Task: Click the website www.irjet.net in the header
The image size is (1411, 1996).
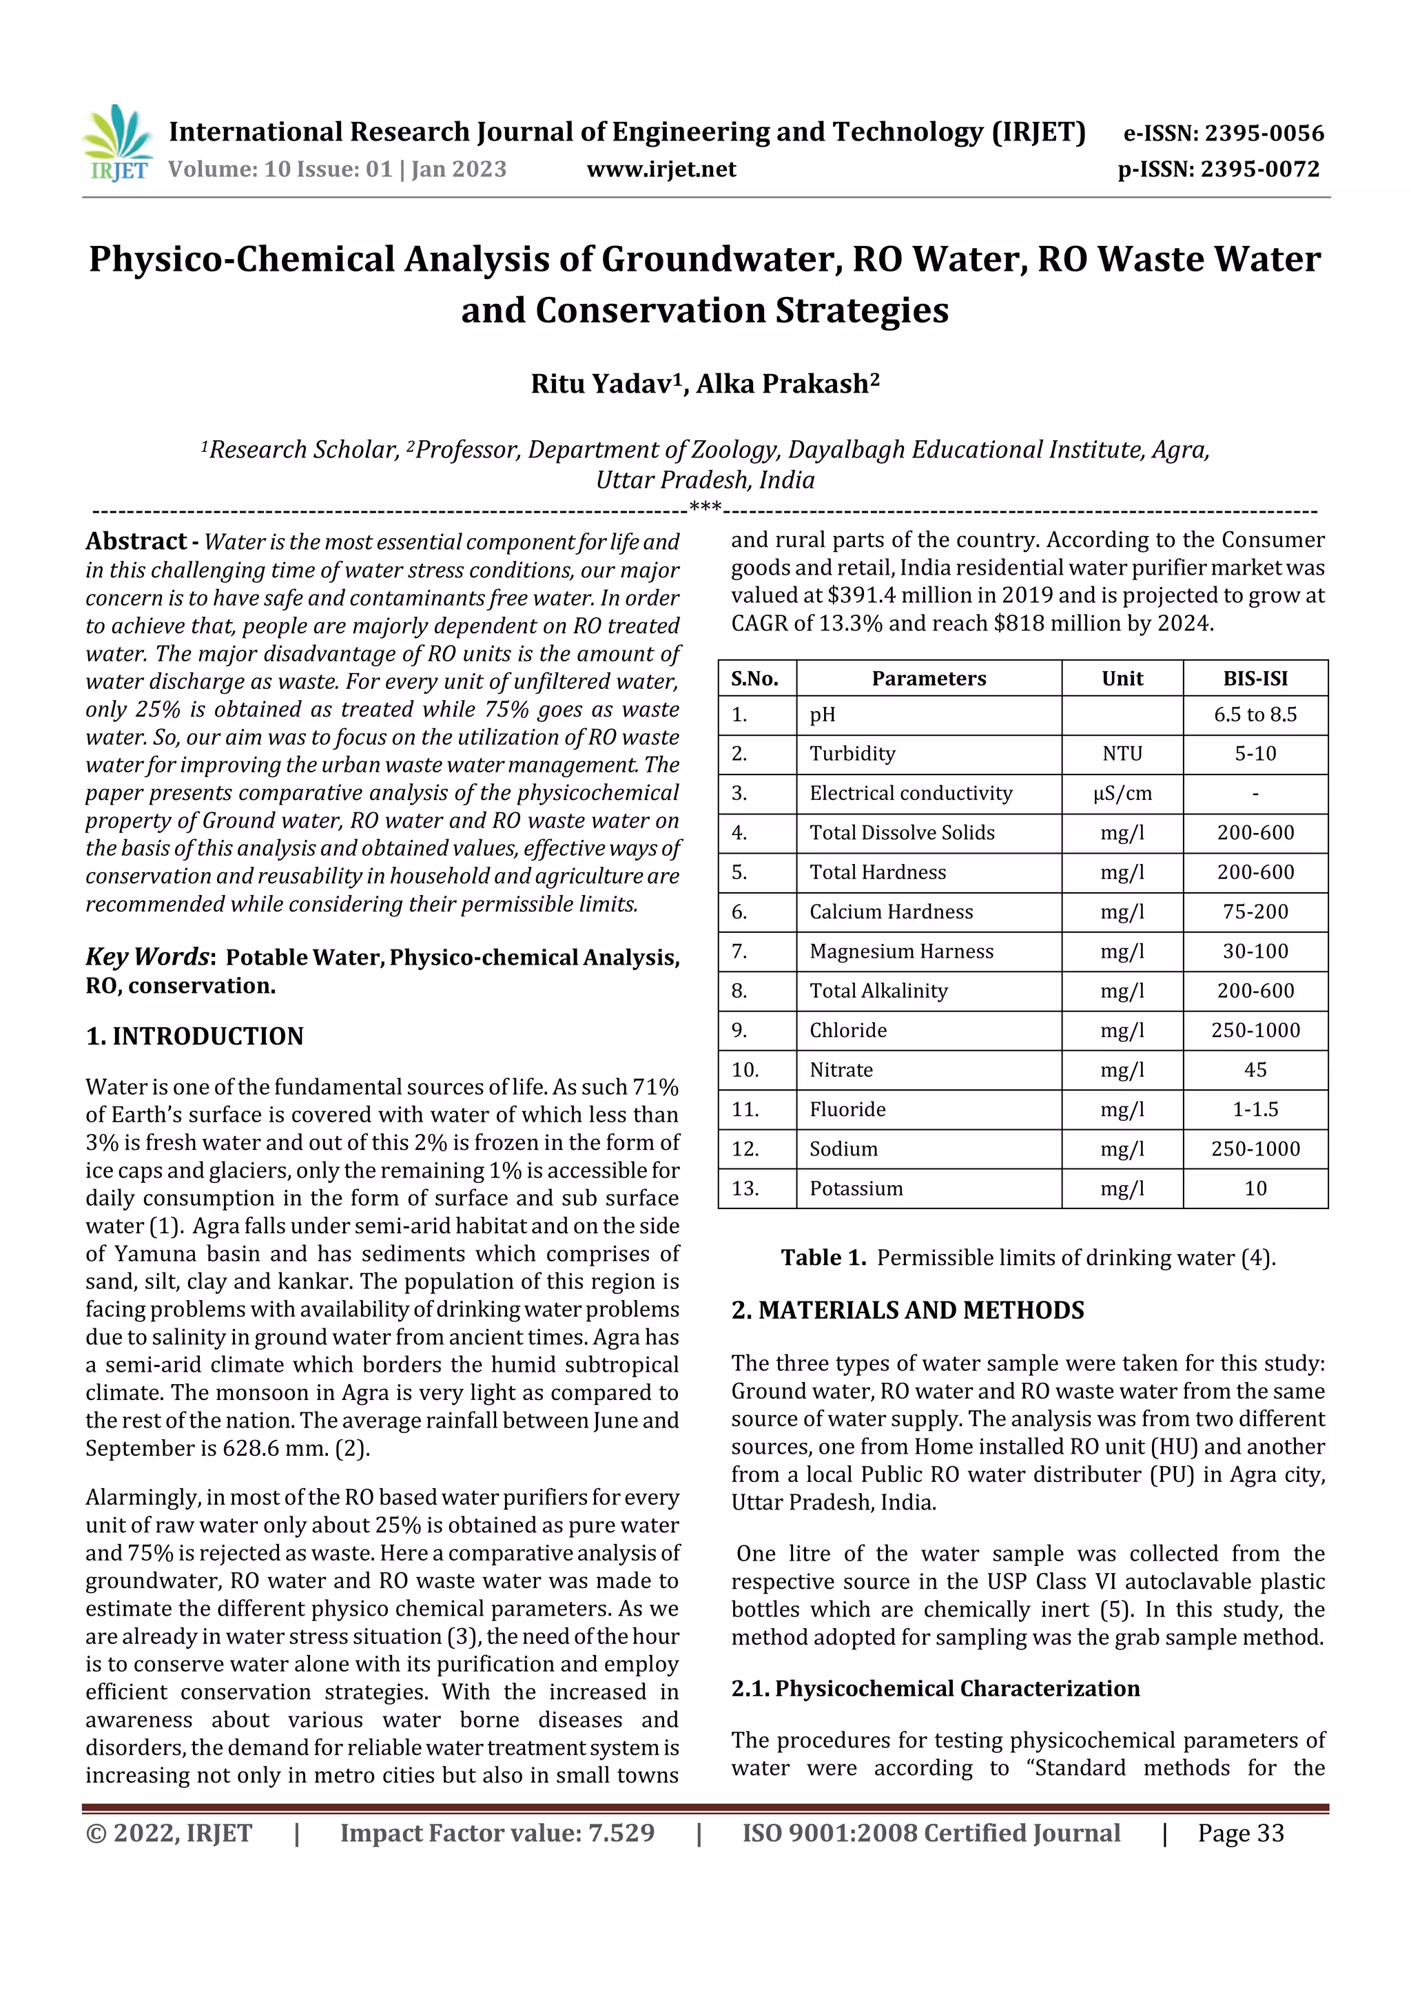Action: click(x=661, y=169)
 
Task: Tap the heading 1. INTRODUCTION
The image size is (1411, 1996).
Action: click(x=195, y=1036)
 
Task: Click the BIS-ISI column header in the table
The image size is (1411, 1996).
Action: click(x=1255, y=679)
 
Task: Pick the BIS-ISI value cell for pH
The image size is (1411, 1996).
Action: click(x=1255, y=714)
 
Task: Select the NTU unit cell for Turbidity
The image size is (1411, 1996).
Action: click(x=1122, y=754)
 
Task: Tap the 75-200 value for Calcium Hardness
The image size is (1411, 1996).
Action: click(x=1255, y=912)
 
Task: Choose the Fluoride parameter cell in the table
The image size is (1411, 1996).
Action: click(x=847, y=1109)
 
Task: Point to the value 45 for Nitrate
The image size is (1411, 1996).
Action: click(x=1255, y=1070)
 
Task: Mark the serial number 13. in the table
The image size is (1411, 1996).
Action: click(x=745, y=1189)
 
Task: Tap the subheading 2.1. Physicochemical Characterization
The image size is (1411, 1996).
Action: click(x=935, y=1688)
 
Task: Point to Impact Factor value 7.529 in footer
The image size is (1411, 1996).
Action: click(x=497, y=1833)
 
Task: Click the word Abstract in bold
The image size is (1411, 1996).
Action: click(x=136, y=542)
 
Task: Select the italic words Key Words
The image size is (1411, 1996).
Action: click(x=147, y=956)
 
